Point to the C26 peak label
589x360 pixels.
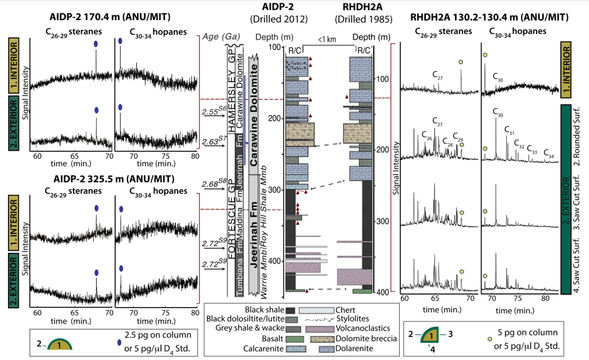(426, 137)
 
